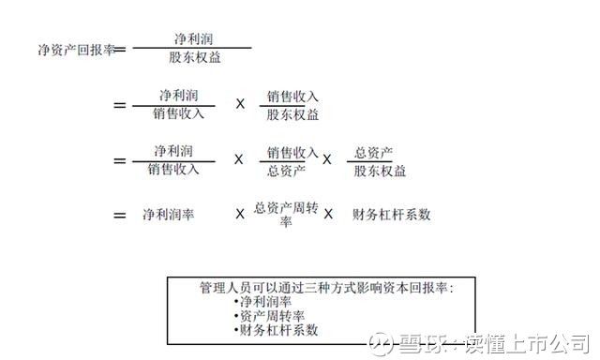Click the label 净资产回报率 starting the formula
pos(72,50)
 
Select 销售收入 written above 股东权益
pos(292,97)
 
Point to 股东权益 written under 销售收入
pos(292,114)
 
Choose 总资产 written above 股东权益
pos(373,152)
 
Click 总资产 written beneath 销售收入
pos(286,170)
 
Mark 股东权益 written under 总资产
pos(380,170)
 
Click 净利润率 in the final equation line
pos(169,215)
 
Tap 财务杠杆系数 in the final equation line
pos(391,215)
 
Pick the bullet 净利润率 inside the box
pos(264,301)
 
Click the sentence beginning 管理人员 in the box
pos(326,287)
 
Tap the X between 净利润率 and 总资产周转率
pos(240,215)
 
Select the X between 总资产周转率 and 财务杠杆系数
pos(328,215)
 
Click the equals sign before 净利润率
pos(119,215)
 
